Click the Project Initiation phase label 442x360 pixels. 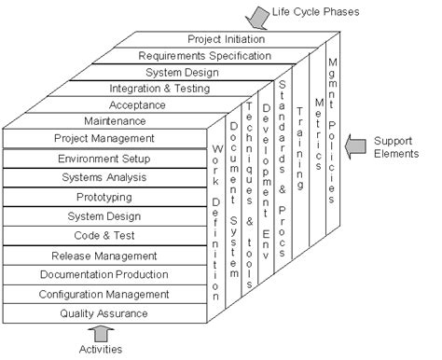[x=226, y=39]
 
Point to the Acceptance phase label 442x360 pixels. [x=137, y=104]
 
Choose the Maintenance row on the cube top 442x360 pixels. [x=115, y=121]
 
